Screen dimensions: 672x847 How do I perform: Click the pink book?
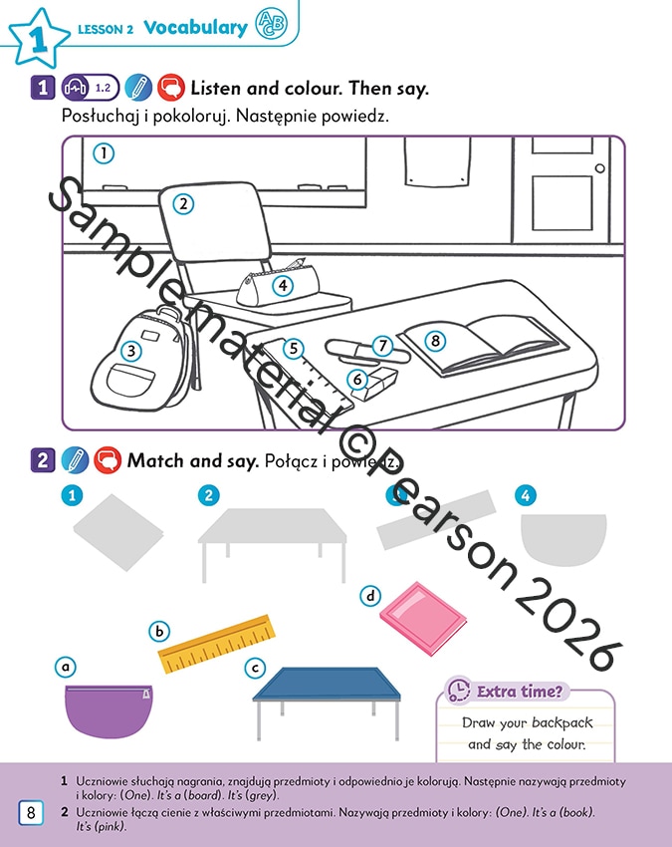[x=423, y=618]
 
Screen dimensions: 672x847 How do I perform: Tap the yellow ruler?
[x=216, y=644]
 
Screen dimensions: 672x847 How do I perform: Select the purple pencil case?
[x=109, y=709]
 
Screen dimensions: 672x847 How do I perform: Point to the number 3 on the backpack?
[x=131, y=351]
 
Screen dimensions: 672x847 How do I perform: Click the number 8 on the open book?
[x=435, y=341]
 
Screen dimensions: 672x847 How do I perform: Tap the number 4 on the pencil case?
[x=283, y=285]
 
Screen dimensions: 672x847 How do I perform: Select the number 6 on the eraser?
[x=356, y=380]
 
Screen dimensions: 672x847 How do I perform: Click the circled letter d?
[x=370, y=596]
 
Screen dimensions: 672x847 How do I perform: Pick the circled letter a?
[x=66, y=667]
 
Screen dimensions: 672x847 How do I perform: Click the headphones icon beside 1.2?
[x=76, y=88]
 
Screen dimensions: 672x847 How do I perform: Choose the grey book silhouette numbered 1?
[x=118, y=532]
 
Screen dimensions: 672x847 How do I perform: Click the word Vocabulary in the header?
[x=195, y=28]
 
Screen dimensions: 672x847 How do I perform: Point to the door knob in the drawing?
[x=599, y=168]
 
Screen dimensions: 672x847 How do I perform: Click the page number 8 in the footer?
[x=31, y=812]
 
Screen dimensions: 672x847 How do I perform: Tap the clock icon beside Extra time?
[x=459, y=691]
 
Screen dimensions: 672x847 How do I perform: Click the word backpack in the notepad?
[x=561, y=722]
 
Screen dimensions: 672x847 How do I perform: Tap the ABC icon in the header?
[x=271, y=24]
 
